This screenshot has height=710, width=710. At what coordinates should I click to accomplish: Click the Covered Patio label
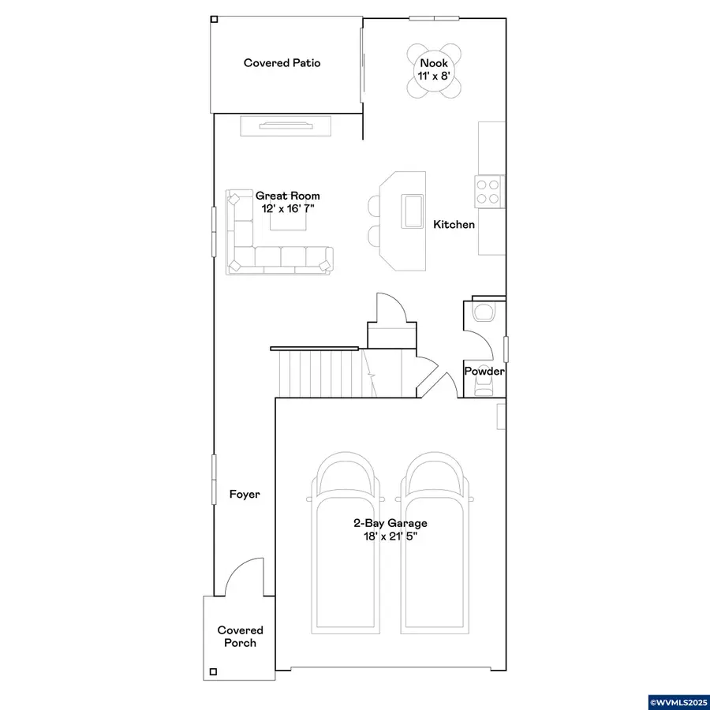(282, 63)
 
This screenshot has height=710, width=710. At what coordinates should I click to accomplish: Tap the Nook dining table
(434, 70)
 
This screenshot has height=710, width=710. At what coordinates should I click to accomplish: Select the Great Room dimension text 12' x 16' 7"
(287, 209)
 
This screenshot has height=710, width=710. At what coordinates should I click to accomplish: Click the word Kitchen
(454, 225)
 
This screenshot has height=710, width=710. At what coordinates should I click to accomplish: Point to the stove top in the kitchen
(488, 192)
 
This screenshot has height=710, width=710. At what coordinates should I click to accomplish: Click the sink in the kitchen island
(413, 211)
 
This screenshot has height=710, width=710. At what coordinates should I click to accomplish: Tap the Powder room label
(484, 372)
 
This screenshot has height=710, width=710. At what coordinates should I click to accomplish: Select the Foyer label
(245, 494)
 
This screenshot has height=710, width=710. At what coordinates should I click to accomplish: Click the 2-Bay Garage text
(390, 524)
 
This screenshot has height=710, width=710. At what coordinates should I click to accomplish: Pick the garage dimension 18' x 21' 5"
(390, 536)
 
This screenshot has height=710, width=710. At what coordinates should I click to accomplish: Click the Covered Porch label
(240, 636)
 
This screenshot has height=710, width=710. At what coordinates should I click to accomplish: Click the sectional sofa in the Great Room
(279, 232)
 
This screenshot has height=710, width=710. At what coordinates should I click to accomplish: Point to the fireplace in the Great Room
(286, 126)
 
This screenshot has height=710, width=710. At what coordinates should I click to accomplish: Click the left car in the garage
(346, 543)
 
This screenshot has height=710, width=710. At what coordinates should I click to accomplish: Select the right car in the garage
(435, 543)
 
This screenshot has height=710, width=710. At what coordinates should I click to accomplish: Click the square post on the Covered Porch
(213, 671)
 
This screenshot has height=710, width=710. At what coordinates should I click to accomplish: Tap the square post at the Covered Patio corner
(214, 20)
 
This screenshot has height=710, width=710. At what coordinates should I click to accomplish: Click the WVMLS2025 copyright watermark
(678, 702)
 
